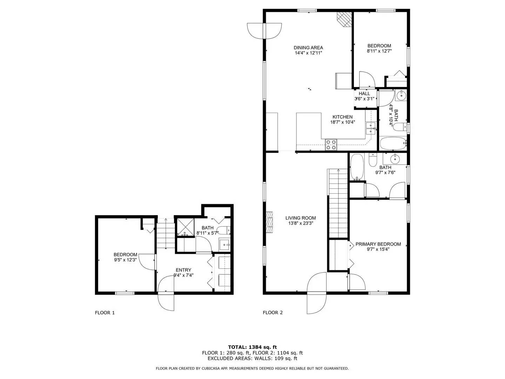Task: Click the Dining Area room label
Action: pyautogui.click(x=308, y=48)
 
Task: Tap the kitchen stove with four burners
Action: pyautogui.click(x=331, y=145)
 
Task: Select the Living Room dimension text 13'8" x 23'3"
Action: pyautogui.click(x=301, y=223)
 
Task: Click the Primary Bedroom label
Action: pyautogui.click(x=378, y=244)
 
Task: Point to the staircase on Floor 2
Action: pyautogui.click(x=338, y=204)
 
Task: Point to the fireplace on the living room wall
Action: pyautogui.click(x=270, y=222)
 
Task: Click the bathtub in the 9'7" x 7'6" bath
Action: pyautogui.click(x=357, y=167)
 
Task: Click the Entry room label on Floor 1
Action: pyautogui.click(x=183, y=270)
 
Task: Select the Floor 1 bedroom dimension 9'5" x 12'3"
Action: pyautogui.click(x=125, y=260)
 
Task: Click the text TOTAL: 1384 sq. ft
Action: pyautogui.click(x=252, y=347)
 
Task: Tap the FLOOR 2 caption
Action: pyautogui.click(x=272, y=313)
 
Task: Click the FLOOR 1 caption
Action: pyautogui.click(x=105, y=313)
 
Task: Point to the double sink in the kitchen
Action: pyautogui.click(x=371, y=128)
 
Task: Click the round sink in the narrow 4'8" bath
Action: pyautogui.click(x=401, y=95)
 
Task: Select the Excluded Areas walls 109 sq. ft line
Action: pyautogui.click(x=252, y=358)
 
